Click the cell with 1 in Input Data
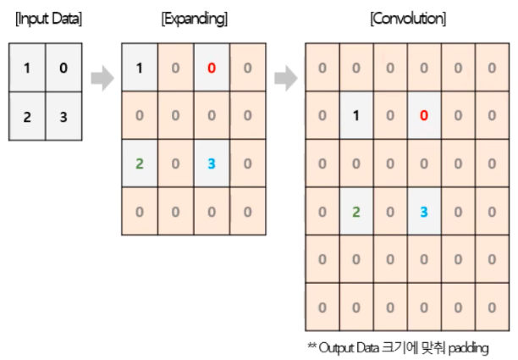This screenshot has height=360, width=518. tap(28, 68)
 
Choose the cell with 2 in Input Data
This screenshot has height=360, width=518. tap(28, 116)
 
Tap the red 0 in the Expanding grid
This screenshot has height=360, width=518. tap(212, 66)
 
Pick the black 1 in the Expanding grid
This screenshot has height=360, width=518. tap(140, 66)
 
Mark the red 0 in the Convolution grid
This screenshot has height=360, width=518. tap(423, 114)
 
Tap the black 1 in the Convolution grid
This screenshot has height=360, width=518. tap(356, 114)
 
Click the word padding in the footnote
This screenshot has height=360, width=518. tap(471, 347)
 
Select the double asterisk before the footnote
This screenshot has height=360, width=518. tap(311, 346)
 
